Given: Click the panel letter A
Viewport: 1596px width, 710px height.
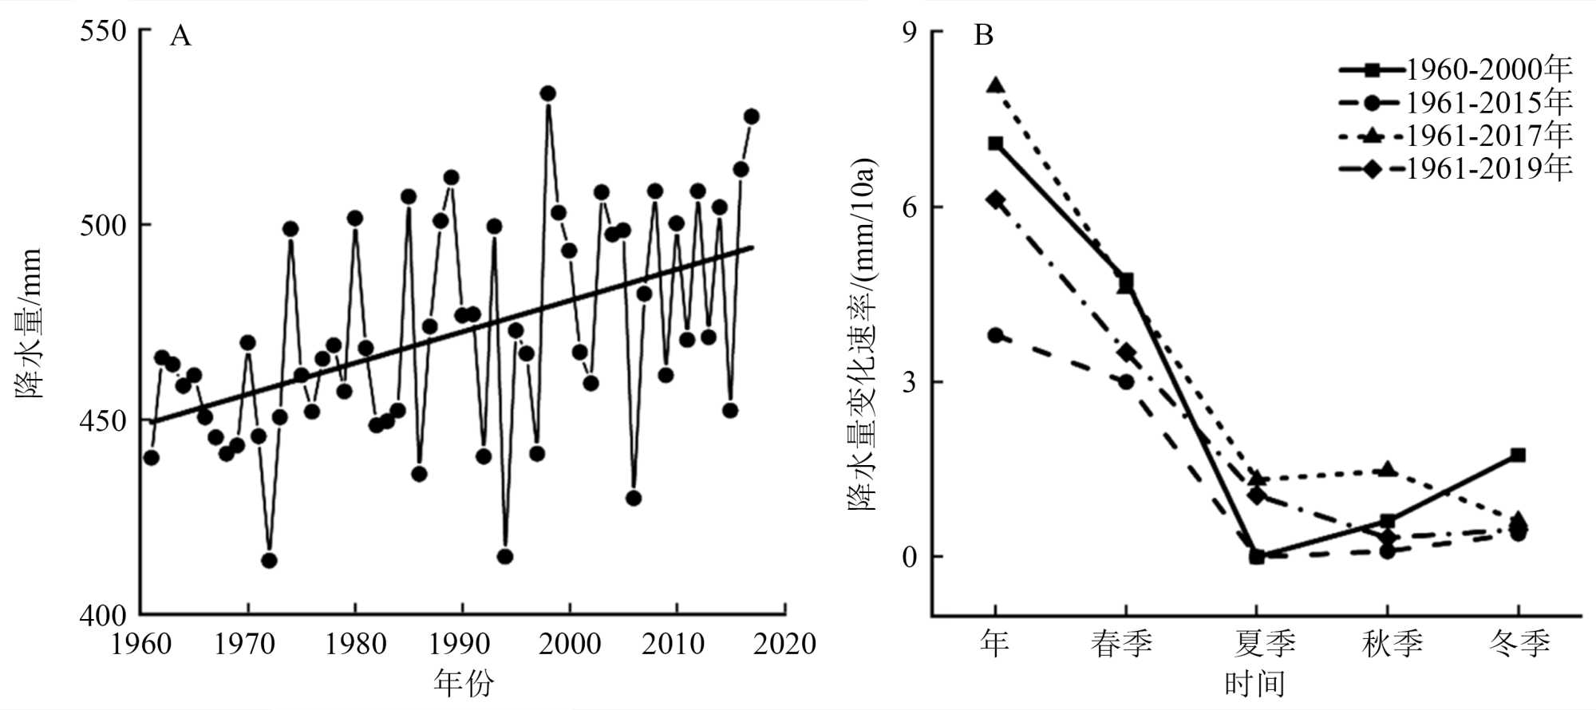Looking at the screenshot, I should coord(180,36).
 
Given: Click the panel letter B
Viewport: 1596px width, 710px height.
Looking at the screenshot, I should coord(983,36).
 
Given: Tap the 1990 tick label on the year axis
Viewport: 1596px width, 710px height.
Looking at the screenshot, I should coord(460,644).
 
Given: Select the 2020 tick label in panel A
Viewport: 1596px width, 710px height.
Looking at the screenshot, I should coord(784,644).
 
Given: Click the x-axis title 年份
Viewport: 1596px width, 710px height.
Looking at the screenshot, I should coord(464,683).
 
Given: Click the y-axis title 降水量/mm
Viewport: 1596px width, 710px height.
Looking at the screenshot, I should coord(29,322).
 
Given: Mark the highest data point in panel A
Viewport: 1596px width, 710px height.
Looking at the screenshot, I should coord(547,93).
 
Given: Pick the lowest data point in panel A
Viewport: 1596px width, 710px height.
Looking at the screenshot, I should coord(269,561).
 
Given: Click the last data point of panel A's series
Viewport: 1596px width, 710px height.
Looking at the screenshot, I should coord(751,116).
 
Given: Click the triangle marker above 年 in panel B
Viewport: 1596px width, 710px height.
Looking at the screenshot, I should coord(995,85).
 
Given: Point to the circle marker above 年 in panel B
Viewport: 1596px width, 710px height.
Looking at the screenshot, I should coord(995,335).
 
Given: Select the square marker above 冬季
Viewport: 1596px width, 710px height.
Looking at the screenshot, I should coord(1518,456).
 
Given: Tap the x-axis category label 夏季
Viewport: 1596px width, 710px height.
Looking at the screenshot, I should coord(1265,643).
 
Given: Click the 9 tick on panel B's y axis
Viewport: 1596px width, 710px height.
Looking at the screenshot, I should coord(910,31).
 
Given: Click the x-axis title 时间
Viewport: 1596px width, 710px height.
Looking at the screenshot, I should coord(1254,684).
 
